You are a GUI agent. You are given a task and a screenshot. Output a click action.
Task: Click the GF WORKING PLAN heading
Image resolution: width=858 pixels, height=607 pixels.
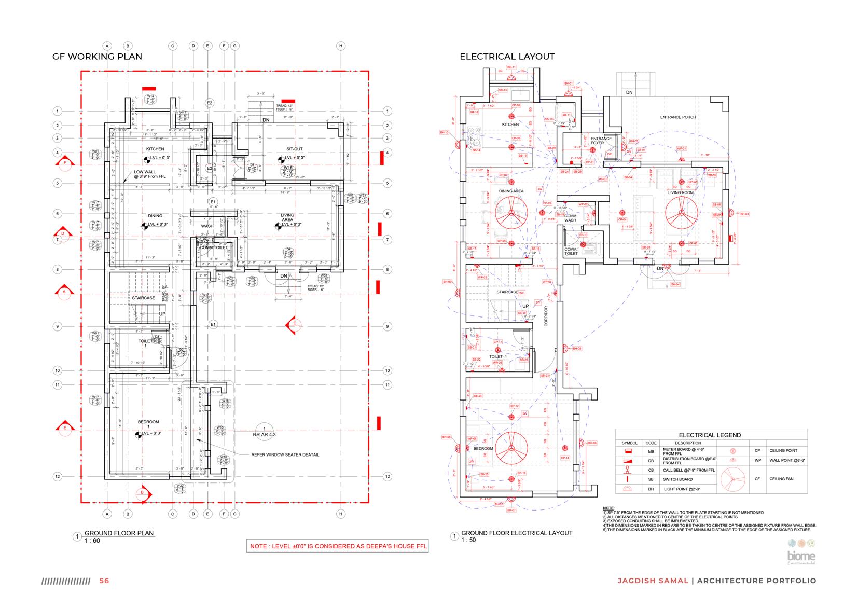tap(97, 57)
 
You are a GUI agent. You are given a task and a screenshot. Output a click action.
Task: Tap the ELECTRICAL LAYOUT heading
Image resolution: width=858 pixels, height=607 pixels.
tap(507, 57)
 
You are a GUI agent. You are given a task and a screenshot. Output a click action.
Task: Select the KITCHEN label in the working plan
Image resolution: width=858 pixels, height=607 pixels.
tap(155, 149)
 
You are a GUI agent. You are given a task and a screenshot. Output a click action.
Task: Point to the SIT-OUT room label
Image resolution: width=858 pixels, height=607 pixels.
tap(294, 149)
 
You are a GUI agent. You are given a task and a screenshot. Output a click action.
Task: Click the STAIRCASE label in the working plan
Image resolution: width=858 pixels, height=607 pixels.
tap(144, 298)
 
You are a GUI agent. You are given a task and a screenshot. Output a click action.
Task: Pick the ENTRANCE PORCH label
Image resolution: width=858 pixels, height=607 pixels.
tap(677, 117)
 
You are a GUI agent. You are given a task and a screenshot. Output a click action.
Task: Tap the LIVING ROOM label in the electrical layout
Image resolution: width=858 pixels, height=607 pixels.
tap(681, 193)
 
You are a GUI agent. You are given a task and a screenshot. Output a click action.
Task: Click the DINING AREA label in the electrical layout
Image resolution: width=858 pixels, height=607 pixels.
tap(511, 191)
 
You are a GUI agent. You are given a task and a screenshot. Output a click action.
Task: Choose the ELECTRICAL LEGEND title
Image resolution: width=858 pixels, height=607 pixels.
tap(710, 435)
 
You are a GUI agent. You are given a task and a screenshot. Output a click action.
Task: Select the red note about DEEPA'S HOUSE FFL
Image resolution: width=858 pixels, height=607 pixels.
tap(338, 546)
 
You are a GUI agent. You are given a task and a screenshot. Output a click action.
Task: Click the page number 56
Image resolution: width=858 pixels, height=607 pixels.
tap(104, 581)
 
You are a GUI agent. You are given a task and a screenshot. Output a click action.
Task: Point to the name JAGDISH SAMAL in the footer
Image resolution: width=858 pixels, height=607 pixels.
tap(653, 581)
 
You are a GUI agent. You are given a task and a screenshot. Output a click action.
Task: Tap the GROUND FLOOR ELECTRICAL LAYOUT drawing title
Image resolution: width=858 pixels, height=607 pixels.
tap(517, 533)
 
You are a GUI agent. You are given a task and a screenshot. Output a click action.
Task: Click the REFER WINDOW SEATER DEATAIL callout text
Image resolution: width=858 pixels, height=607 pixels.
tap(285, 455)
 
